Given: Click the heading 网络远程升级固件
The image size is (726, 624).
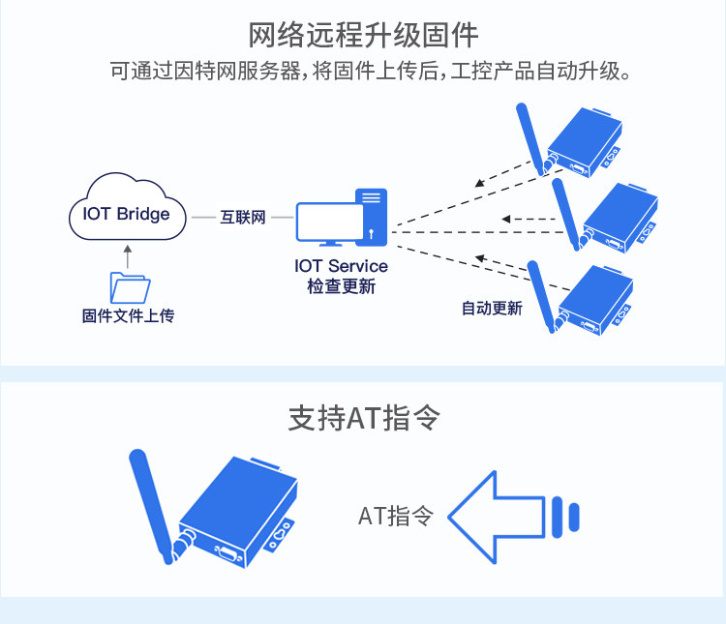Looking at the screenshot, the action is coord(363,35).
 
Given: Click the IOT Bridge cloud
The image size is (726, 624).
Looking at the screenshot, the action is coord(128,207).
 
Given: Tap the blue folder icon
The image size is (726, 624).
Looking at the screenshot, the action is coord(130,288).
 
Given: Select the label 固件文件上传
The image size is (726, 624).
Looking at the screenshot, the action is coord(128,315).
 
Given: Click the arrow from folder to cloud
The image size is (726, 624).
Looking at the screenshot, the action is coord(128,257).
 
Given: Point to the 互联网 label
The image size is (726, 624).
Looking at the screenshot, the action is coord(243,217).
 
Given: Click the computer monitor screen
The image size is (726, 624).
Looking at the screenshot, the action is coord(330,223).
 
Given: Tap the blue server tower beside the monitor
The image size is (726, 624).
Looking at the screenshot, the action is coord(372,217).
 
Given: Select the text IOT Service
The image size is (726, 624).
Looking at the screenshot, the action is coord(342,266).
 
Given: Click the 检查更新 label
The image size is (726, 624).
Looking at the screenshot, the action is coord(342,286).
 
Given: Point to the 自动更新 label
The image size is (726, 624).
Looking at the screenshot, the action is coord(492,308).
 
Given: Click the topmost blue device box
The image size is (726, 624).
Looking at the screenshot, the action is coord(585,143).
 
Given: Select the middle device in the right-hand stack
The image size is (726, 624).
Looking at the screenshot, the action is coord(620,218).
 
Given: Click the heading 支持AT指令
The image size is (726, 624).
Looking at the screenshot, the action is coord(363,418).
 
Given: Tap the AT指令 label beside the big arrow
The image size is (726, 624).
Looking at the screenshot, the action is coord(396,516).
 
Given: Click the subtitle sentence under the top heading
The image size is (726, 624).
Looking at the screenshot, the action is coord(370,72).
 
